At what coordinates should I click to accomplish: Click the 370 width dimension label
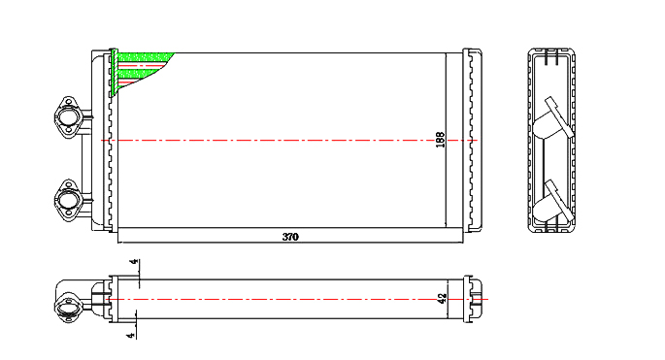click(x=290, y=237)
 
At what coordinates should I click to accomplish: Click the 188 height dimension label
click(x=441, y=140)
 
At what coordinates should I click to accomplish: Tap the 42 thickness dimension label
click(x=442, y=299)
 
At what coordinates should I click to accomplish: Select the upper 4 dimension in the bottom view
click(x=134, y=262)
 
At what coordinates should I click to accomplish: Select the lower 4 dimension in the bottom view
click(x=131, y=336)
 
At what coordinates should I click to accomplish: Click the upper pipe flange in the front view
click(x=66, y=117)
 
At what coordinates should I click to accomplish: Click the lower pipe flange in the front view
click(x=66, y=200)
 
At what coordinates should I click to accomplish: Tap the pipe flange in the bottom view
click(x=67, y=307)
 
